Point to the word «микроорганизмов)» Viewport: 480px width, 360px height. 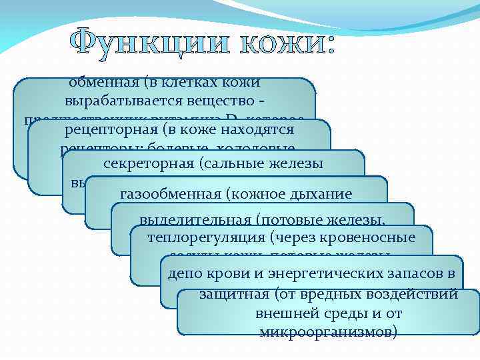click(x=328, y=331)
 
